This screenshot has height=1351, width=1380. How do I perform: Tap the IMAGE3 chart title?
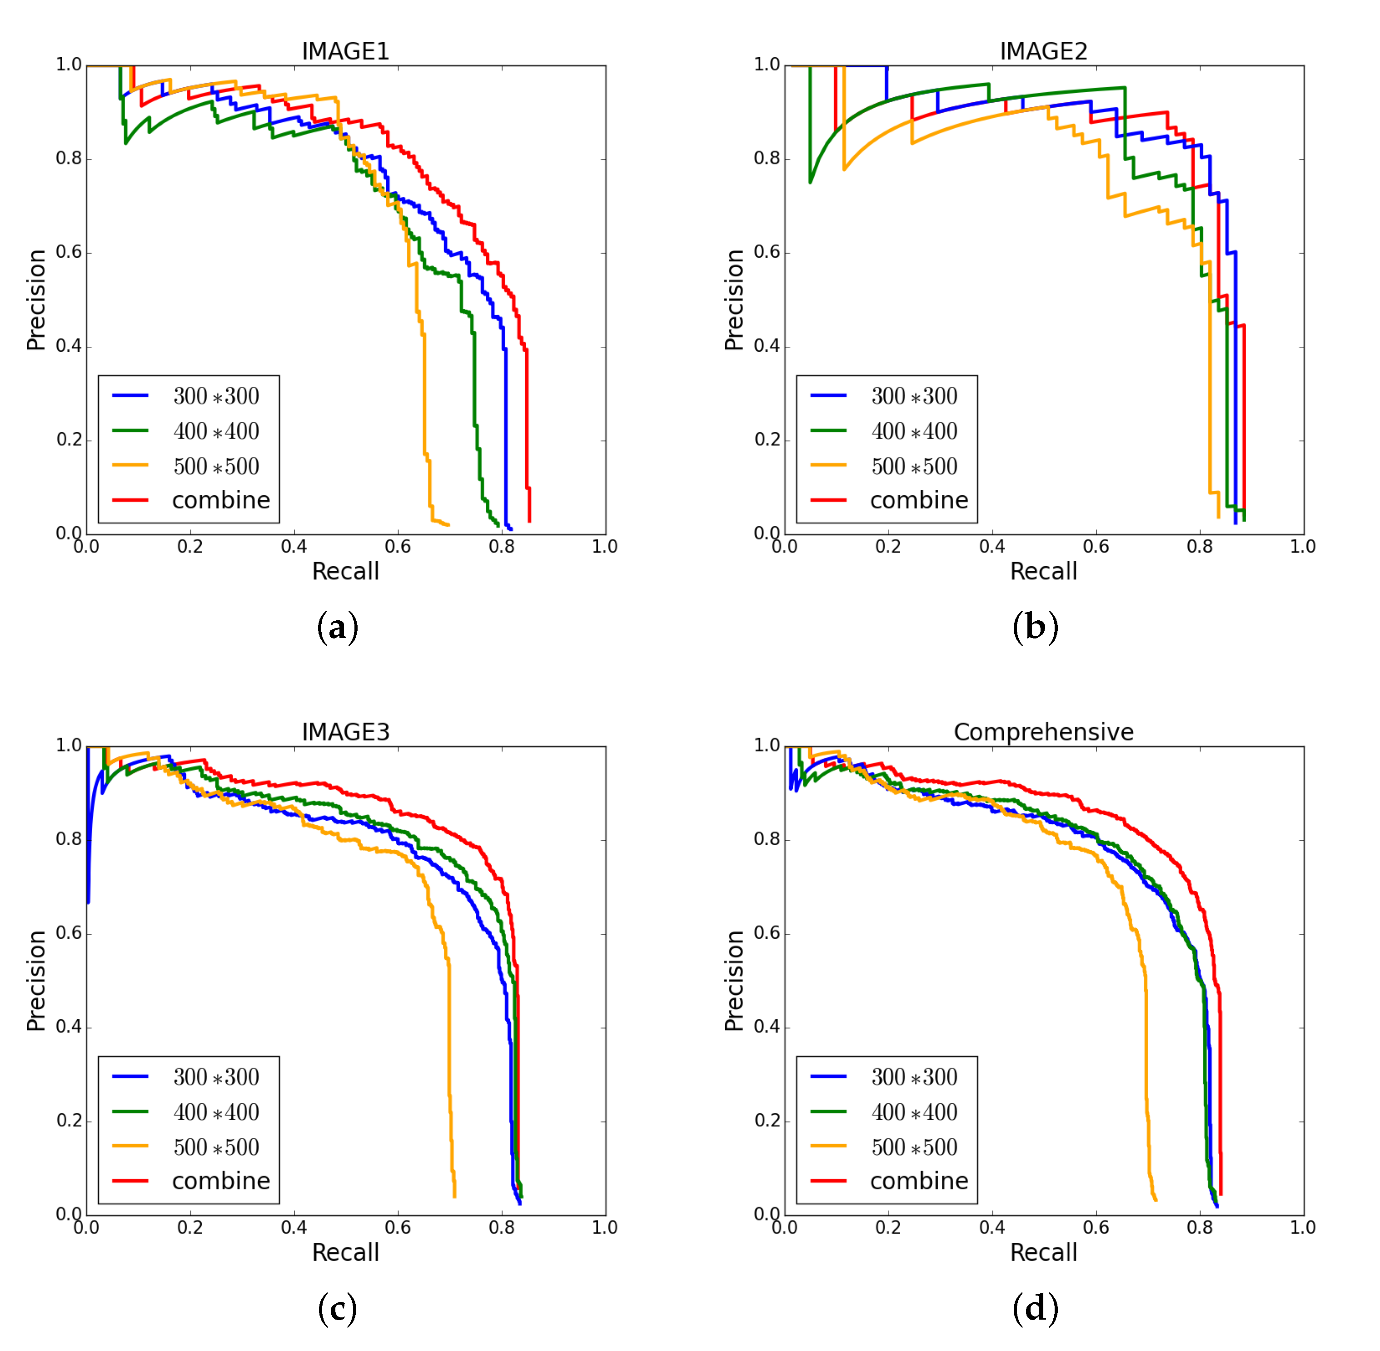(x=345, y=732)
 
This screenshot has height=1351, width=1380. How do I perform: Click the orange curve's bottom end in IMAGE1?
(x=448, y=525)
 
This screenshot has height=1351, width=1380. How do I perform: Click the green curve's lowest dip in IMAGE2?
(x=810, y=182)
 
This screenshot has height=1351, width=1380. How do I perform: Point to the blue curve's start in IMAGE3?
(x=88, y=902)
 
